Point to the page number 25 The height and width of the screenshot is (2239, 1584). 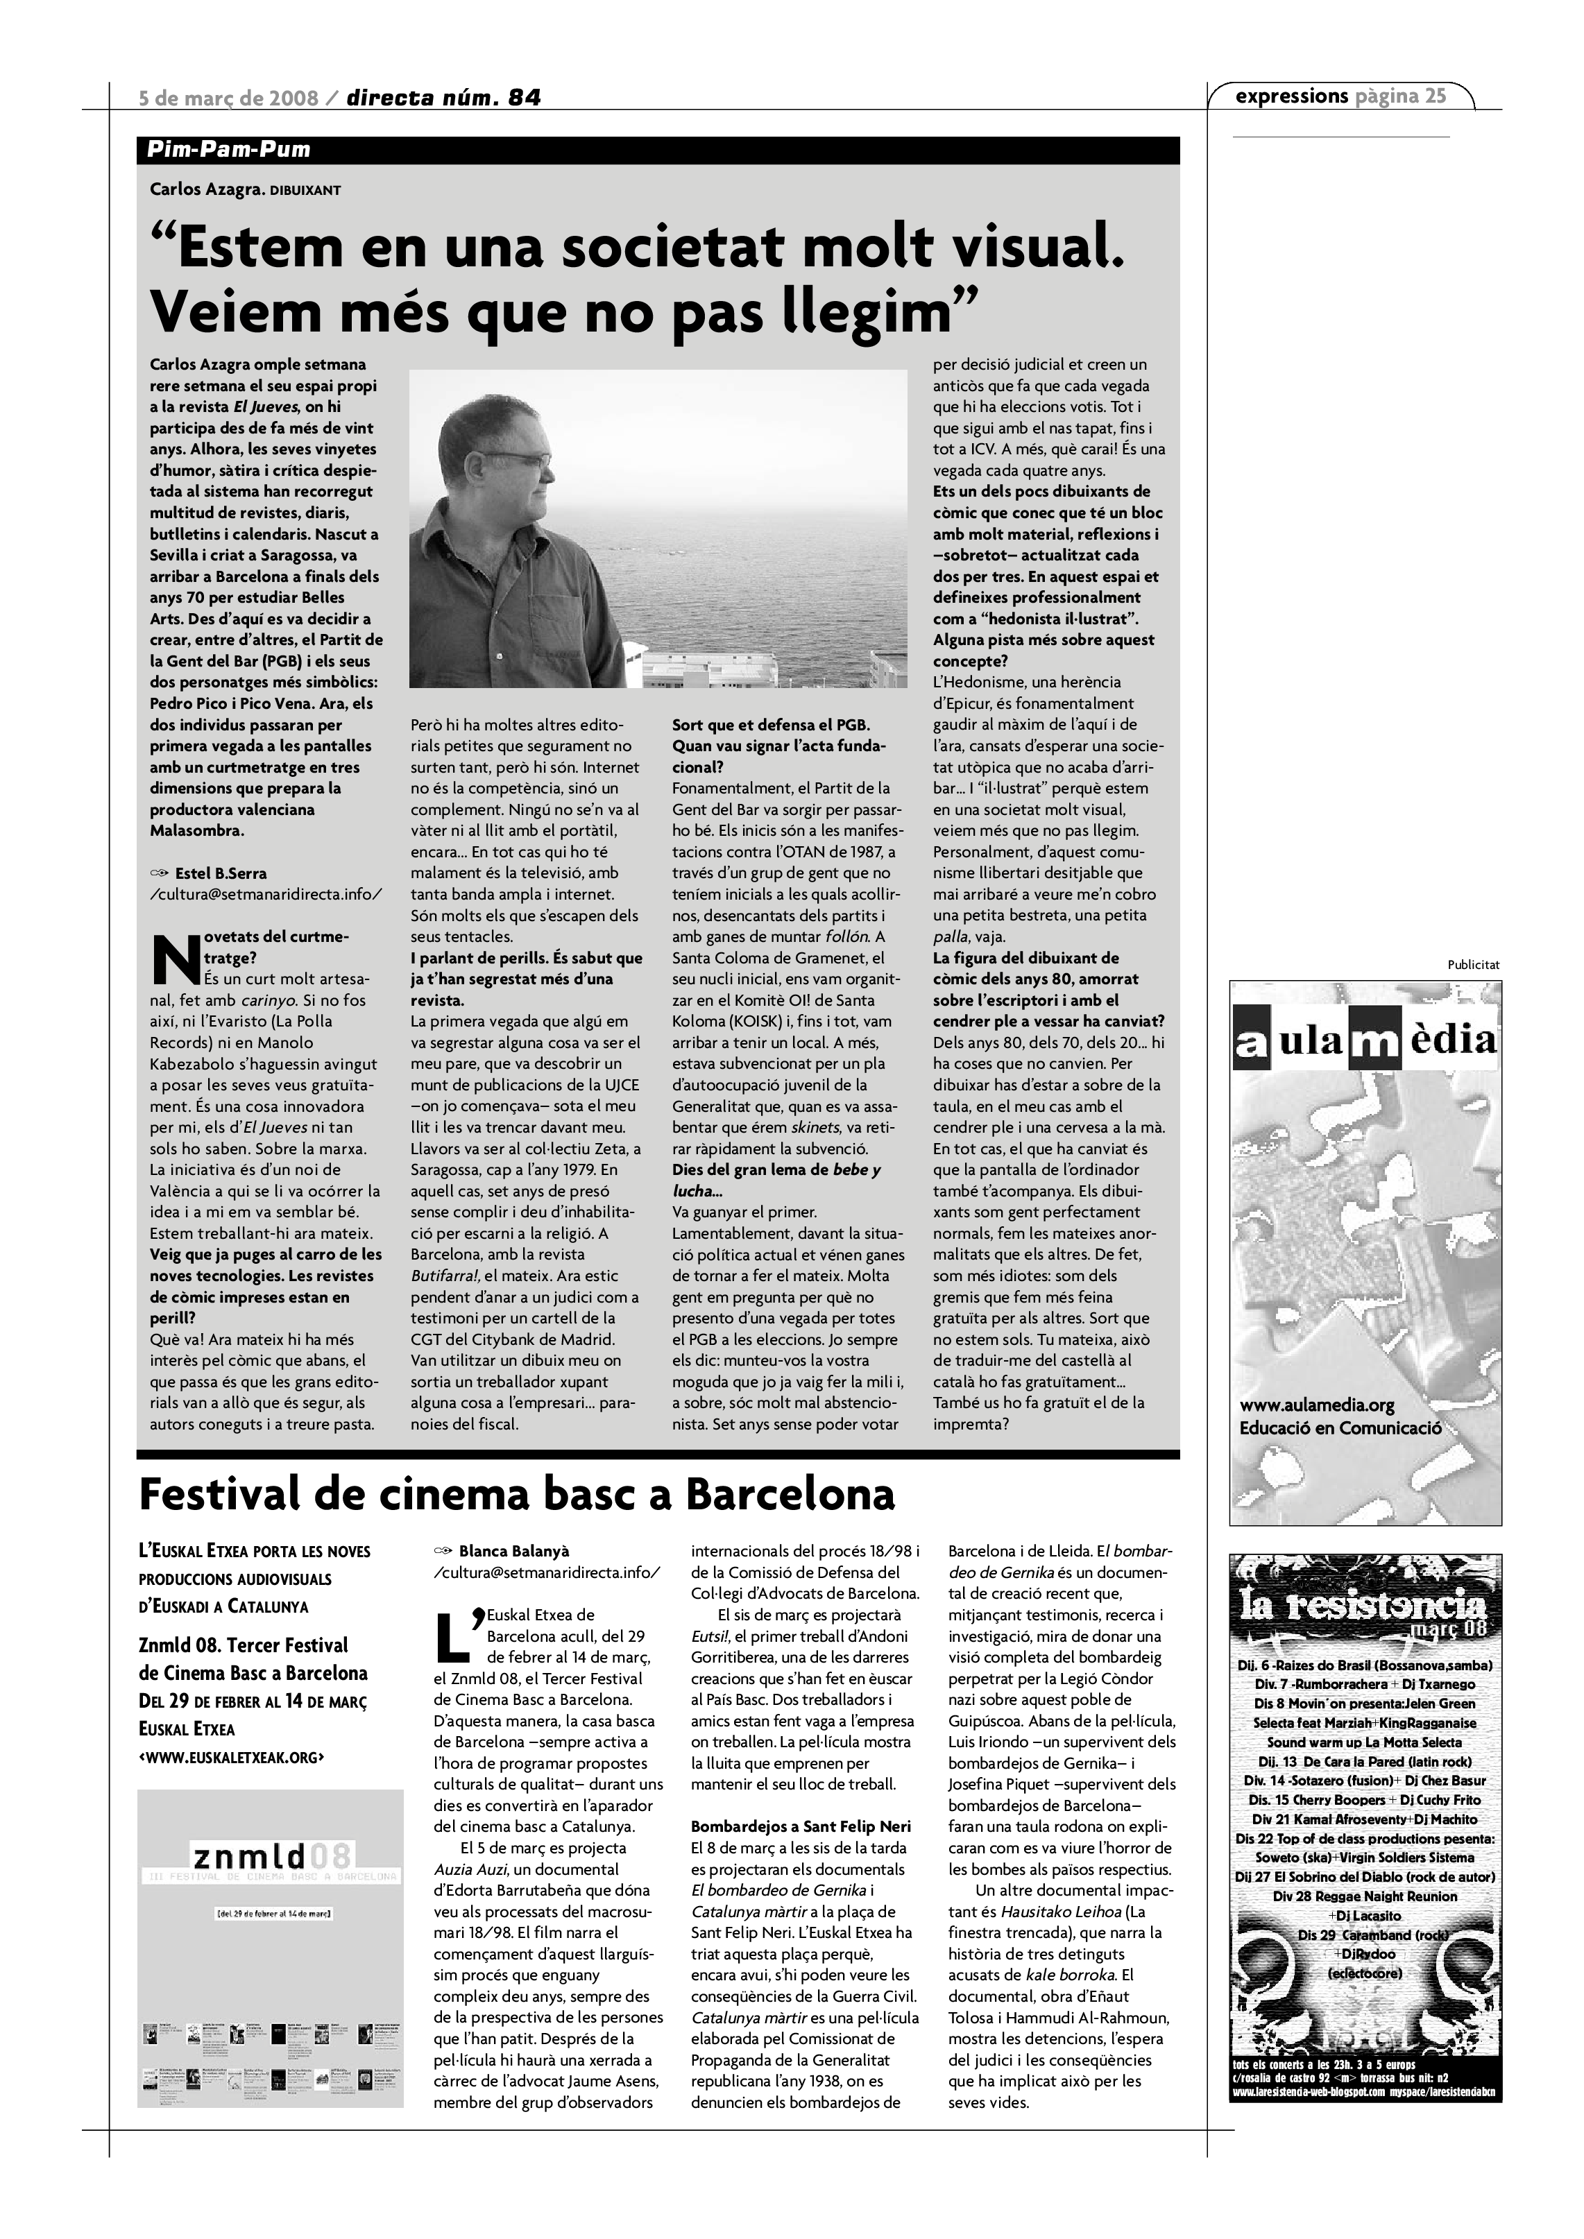click(x=1435, y=96)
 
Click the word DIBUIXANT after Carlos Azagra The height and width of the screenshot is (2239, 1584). click(x=305, y=190)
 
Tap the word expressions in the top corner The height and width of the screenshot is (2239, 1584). click(x=1291, y=96)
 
